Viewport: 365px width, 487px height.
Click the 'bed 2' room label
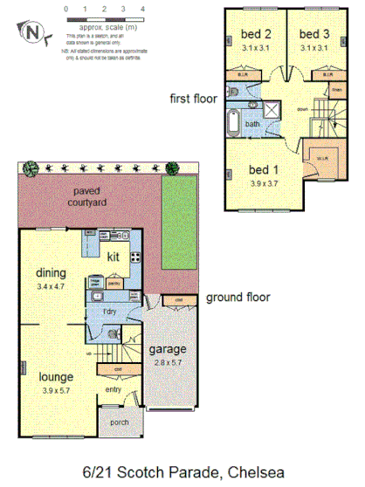[253, 34]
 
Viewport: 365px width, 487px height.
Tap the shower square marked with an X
[272, 111]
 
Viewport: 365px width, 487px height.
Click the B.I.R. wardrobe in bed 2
[242, 75]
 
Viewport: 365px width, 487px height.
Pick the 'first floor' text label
[192, 99]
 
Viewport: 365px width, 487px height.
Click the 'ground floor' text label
[238, 298]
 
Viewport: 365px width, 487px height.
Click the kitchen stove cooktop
[136, 257]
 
